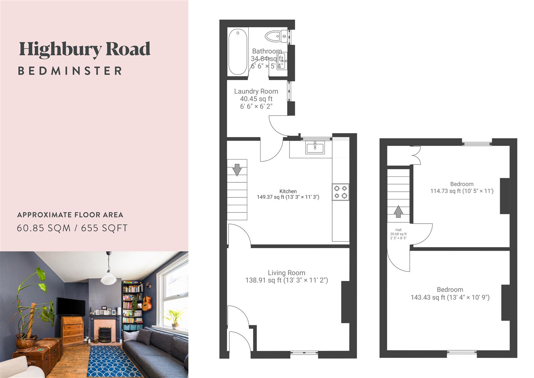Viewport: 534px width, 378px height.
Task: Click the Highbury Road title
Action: click(85, 49)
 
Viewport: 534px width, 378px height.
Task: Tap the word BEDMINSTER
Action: click(70, 71)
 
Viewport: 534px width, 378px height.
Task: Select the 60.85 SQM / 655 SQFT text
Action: click(72, 228)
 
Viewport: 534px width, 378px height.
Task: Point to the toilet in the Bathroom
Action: click(276, 36)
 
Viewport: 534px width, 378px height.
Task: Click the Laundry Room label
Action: click(256, 91)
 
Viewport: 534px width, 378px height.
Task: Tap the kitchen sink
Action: click(315, 147)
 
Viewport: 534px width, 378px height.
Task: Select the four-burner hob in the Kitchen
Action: click(340, 192)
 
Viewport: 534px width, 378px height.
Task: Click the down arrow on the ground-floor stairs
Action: click(237, 170)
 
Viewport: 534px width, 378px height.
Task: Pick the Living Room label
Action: click(286, 273)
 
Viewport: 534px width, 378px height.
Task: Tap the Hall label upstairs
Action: click(398, 230)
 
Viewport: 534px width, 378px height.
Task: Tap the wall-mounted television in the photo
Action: click(71, 306)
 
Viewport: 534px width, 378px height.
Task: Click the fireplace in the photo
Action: click(105, 334)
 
